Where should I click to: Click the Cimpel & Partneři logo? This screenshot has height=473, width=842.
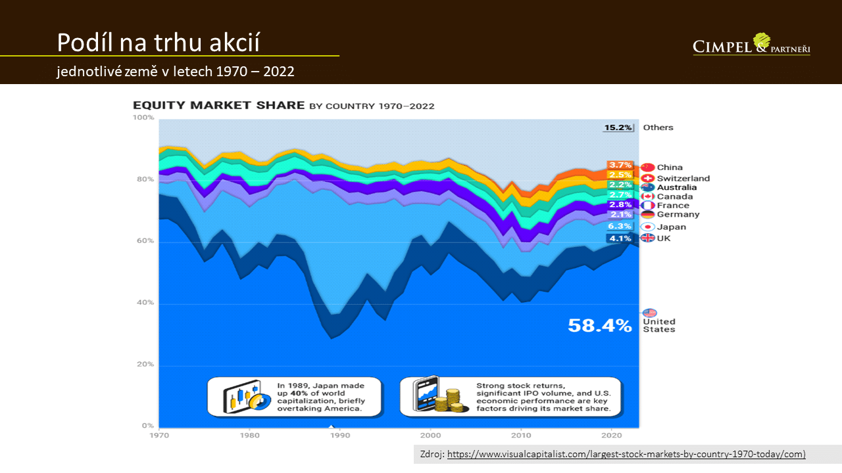(x=751, y=45)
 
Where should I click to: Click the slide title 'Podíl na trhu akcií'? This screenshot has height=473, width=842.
(x=158, y=43)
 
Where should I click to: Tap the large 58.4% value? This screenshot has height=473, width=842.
(x=599, y=325)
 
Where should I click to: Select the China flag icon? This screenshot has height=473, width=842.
(x=648, y=168)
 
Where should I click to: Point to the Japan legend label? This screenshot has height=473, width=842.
(x=671, y=227)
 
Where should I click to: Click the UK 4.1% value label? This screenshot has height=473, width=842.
(x=620, y=238)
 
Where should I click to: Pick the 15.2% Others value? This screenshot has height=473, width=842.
(x=618, y=127)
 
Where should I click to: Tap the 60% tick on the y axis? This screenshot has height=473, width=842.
(x=145, y=241)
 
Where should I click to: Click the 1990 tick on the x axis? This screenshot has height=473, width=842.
(x=339, y=436)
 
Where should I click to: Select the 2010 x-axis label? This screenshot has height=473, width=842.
(x=521, y=436)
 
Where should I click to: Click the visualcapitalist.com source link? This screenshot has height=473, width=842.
(x=626, y=455)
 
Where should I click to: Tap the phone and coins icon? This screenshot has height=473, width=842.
(x=436, y=396)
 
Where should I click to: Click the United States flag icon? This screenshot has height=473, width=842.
(x=649, y=313)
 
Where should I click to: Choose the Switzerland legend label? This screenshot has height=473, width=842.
(x=683, y=178)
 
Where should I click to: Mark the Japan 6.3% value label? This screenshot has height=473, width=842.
(x=620, y=227)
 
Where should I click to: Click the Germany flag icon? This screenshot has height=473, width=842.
(x=648, y=215)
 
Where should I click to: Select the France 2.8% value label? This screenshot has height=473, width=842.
(x=620, y=205)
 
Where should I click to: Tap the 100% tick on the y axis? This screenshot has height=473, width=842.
(x=143, y=118)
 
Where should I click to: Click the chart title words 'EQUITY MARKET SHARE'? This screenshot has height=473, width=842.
(x=218, y=106)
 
